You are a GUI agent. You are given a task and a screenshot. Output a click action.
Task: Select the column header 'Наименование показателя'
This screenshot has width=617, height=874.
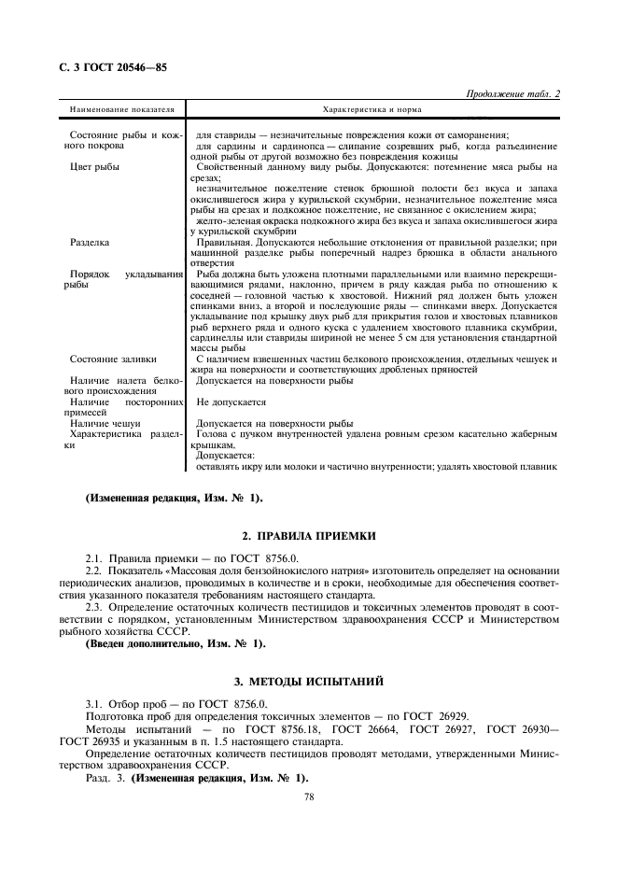(x=121, y=110)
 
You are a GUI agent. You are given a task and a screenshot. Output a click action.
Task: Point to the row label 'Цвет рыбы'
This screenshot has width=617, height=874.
(x=95, y=167)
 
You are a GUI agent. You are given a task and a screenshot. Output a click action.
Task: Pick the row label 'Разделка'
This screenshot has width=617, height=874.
(x=91, y=242)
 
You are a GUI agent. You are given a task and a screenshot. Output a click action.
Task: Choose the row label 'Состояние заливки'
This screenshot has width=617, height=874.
(x=114, y=359)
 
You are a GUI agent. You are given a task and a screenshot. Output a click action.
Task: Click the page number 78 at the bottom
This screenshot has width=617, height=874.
(x=309, y=798)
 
